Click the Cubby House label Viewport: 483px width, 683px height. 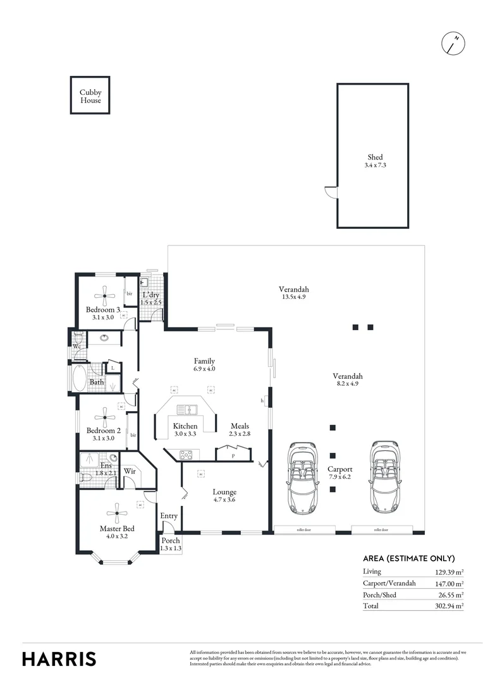pos(90,96)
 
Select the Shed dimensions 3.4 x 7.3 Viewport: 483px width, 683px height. pos(375,165)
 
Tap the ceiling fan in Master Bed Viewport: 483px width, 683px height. pos(117,514)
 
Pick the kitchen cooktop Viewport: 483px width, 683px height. pos(186,454)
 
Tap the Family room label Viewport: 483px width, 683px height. pos(204,360)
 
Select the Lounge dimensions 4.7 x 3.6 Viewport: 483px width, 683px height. pos(224,500)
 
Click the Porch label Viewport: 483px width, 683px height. pos(171,541)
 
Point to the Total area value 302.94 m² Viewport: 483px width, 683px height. pos(449,605)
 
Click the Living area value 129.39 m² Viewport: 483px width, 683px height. pos(449,571)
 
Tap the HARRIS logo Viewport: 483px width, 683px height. pos(59,658)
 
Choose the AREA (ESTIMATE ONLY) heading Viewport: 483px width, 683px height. pos(408,558)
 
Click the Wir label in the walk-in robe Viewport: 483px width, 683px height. pos(130,471)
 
